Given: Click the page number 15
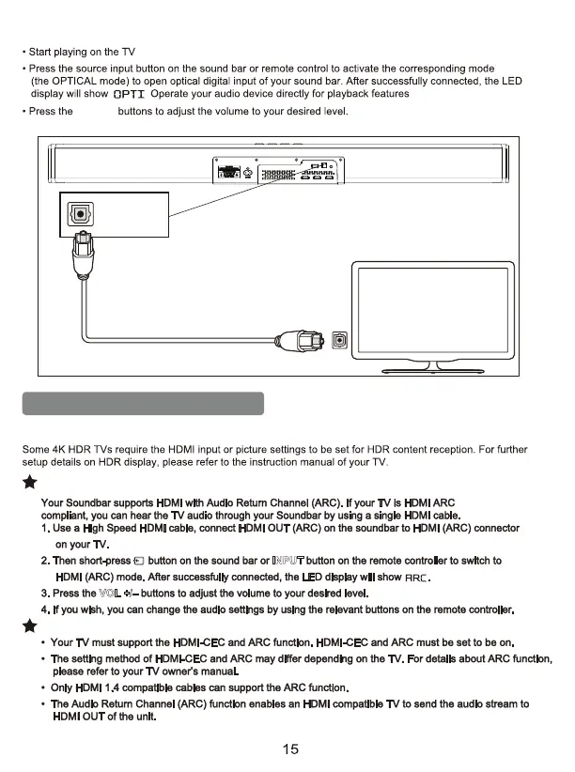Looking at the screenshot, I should coord(289,749).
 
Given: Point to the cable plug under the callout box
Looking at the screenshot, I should coord(81,266).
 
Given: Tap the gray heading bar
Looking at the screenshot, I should coord(144,403).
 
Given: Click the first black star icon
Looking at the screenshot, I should coord(30,485).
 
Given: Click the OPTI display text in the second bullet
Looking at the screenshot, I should coord(128,95).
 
